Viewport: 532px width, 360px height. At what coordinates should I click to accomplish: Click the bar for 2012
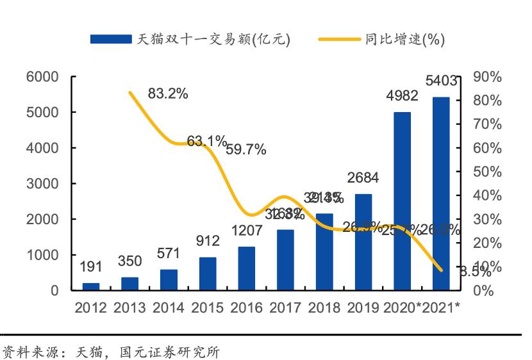[91, 286]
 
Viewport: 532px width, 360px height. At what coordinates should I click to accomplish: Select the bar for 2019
[363, 242]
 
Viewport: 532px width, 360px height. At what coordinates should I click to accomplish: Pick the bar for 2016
[247, 268]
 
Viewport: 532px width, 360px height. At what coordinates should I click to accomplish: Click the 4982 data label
[402, 96]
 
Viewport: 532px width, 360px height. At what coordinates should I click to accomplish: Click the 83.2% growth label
[168, 94]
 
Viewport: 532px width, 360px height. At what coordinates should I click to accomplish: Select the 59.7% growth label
[245, 150]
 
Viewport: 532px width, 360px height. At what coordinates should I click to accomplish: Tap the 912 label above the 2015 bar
[208, 241]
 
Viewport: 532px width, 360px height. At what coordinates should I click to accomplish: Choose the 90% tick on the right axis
[487, 77]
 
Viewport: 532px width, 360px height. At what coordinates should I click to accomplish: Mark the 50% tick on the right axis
[487, 172]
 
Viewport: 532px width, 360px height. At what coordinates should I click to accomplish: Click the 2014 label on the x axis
[169, 308]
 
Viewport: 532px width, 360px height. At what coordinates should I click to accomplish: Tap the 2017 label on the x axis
[285, 308]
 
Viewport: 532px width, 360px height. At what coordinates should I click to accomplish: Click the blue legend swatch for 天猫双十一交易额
[111, 39]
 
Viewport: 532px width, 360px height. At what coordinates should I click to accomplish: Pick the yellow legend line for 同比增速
[339, 39]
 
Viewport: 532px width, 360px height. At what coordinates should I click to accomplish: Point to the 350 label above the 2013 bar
[130, 261]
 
